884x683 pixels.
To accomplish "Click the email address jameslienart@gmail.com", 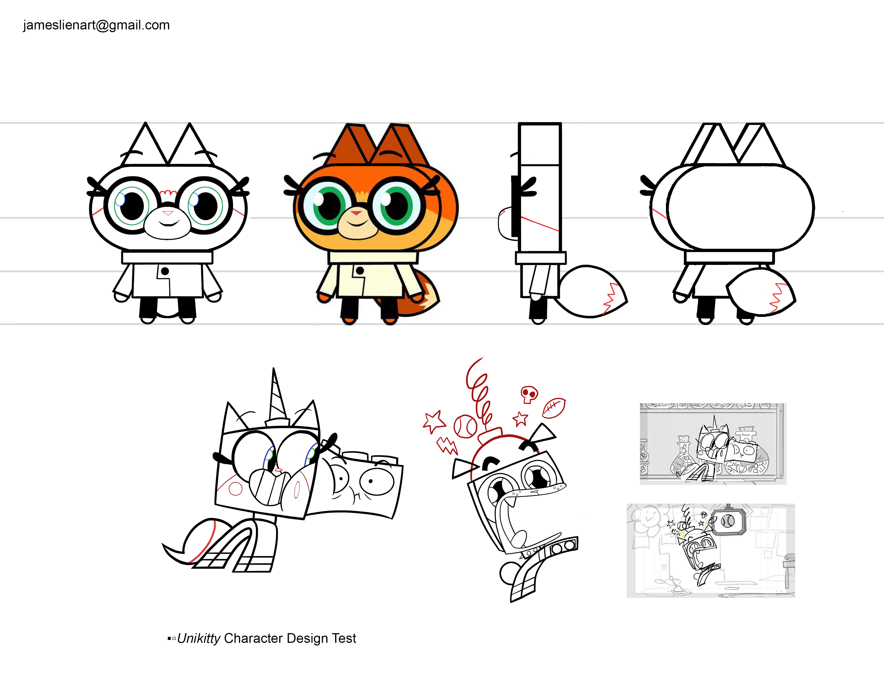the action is point(96,25).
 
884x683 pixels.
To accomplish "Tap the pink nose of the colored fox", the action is point(356,212).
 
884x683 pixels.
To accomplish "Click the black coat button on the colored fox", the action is point(360,270).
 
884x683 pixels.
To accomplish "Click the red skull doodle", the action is point(529,395).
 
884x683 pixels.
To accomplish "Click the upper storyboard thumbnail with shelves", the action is point(713,444).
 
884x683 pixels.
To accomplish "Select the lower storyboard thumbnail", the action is point(711,550).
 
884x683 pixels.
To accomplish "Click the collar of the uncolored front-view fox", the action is point(167,257).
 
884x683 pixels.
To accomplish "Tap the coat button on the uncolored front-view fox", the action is point(165,271).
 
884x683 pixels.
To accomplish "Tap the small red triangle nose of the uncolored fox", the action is point(168,213).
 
